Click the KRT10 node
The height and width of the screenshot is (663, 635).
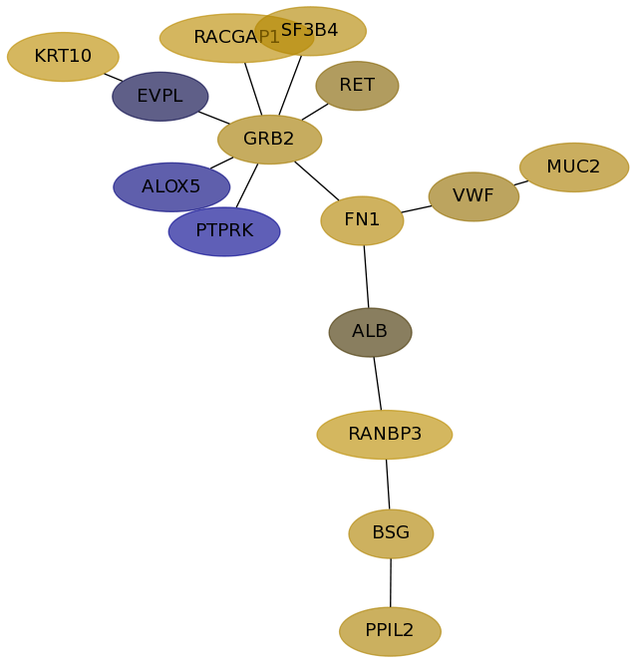(63, 57)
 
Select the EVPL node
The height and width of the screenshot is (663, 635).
(160, 97)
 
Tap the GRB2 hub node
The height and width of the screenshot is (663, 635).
(269, 140)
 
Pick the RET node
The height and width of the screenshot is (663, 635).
(357, 86)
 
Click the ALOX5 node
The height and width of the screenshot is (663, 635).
(171, 187)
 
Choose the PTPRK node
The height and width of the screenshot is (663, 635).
(224, 231)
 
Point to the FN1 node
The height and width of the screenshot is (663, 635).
(362, 220)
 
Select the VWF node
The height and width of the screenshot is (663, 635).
(474, 196)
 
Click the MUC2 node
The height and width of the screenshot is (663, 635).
(574, 167)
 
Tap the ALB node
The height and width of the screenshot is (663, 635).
(370, 332)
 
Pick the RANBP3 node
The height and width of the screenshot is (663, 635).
(385, 435)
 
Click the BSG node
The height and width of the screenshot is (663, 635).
(391, 533)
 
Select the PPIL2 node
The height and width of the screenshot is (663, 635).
(390, 631)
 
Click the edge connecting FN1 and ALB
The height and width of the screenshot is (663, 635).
(366, 276)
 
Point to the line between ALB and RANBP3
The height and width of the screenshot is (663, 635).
(377, 384)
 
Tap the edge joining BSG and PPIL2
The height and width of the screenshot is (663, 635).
(391, 583)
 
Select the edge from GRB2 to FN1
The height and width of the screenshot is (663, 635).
(317, 180)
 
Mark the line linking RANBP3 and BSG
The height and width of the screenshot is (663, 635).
(388, 485)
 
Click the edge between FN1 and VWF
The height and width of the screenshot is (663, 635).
(417, 209)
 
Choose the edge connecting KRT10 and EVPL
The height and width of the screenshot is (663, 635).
(114, 77)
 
